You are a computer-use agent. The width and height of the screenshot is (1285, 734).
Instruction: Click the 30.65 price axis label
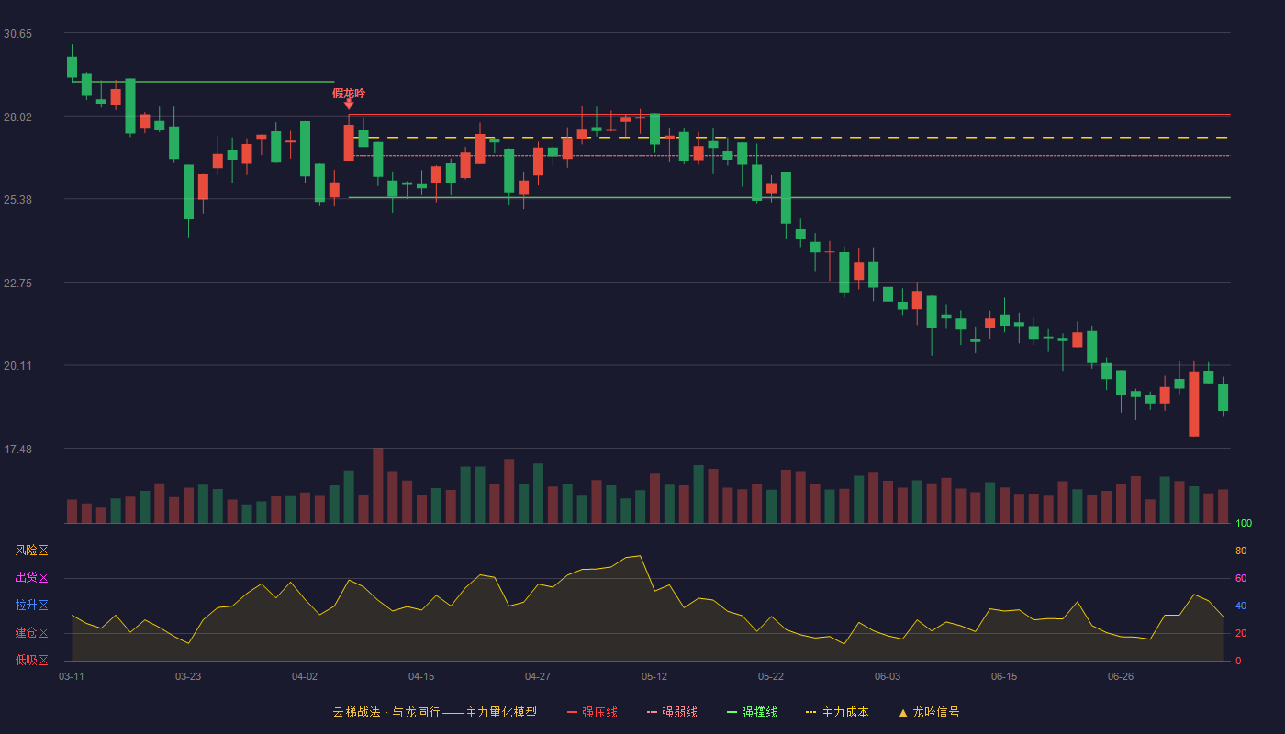coord(17,34)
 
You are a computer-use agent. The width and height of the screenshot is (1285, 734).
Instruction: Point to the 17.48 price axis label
coord(17,449)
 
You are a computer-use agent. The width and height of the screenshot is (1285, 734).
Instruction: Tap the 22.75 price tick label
coord(17,284)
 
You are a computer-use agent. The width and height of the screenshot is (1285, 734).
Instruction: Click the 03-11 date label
coord(72,677)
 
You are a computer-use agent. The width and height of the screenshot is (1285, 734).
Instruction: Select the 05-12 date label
coord(654,677)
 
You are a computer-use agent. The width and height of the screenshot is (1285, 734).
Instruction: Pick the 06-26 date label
coord(1121,677)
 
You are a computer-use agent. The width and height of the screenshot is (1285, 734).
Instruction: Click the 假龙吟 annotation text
coord(349,94)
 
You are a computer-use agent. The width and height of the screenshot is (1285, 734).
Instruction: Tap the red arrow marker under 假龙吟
coord(349,105)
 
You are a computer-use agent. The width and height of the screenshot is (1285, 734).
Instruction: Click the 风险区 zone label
coord(31,550)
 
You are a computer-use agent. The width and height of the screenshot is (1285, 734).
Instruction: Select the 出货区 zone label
coord(31,577)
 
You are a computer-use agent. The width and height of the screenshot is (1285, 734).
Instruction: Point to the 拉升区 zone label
coord(31,605)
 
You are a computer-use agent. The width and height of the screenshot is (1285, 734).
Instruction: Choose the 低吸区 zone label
coord(31,660)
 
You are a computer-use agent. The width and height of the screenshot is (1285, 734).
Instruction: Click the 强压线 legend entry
coord(593,712)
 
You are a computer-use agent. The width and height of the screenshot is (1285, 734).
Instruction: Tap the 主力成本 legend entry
coord(837,712)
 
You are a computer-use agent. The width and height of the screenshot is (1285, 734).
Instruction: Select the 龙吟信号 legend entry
coord(929,712)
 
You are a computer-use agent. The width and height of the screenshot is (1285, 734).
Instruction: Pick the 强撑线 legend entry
coord(752,712)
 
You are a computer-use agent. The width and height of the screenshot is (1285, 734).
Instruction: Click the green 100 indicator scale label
coord(1244,523)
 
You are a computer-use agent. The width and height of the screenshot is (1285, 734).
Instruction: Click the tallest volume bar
coord(378,485)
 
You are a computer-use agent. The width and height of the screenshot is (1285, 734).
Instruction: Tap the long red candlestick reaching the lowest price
coord(1194,404)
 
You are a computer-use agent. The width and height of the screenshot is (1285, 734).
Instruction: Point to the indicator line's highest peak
coord(641,556)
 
